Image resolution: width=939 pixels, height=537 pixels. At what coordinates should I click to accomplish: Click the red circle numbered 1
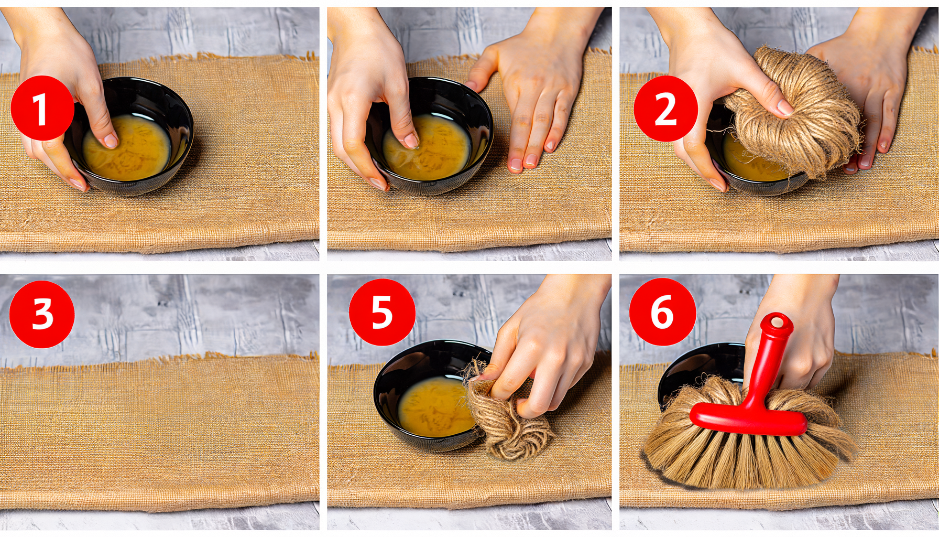click(42, 108)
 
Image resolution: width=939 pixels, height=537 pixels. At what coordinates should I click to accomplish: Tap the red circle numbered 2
click(665, 109)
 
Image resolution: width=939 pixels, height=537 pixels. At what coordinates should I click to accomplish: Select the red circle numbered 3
click(42, 314)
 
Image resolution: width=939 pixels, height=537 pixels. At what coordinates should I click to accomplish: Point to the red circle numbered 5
click(382, 312)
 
